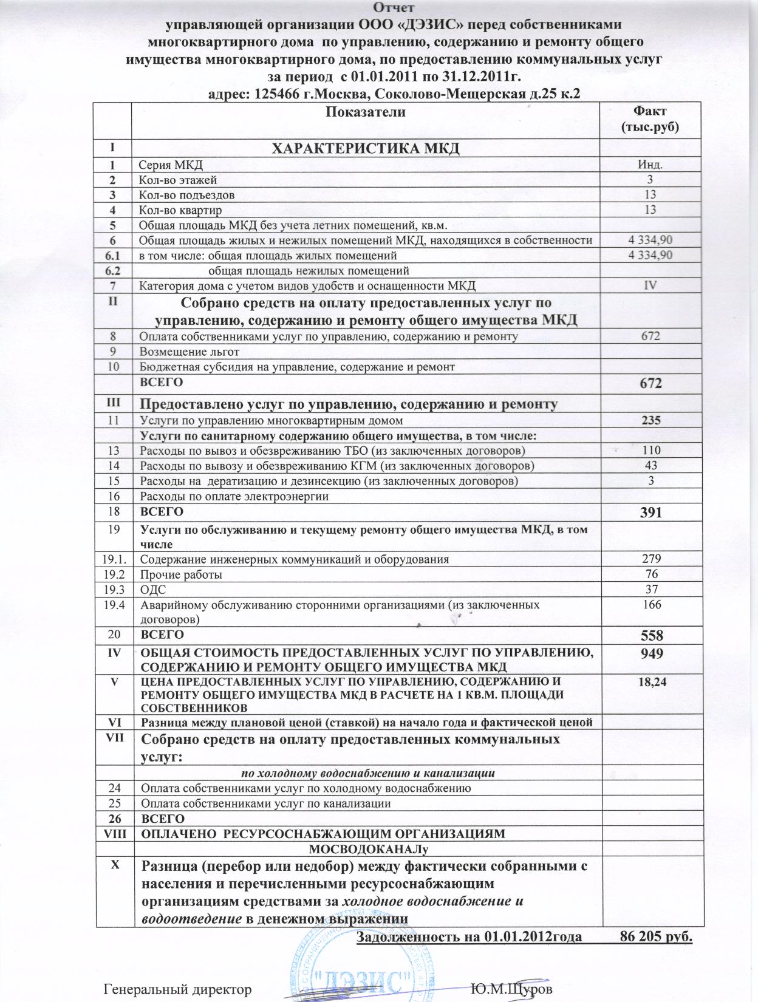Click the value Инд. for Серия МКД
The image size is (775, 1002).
pyautogui.click(x=649, y=165)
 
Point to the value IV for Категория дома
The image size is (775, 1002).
pyautogui.click(x=649, y=285)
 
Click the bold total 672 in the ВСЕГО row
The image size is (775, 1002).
pyautogui.click(x=649, y=383)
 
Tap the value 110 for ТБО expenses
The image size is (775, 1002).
pyautogui.click(x=649, y=451)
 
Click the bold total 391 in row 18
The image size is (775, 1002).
pyautogui.click(x=649, y=513)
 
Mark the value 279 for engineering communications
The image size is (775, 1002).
pyautogui.click(x=649, y=559)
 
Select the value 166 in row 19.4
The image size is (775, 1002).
pyautogui.click(x=649, y=605)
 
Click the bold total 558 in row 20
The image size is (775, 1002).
pyautogui.click(x=649, y=636)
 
